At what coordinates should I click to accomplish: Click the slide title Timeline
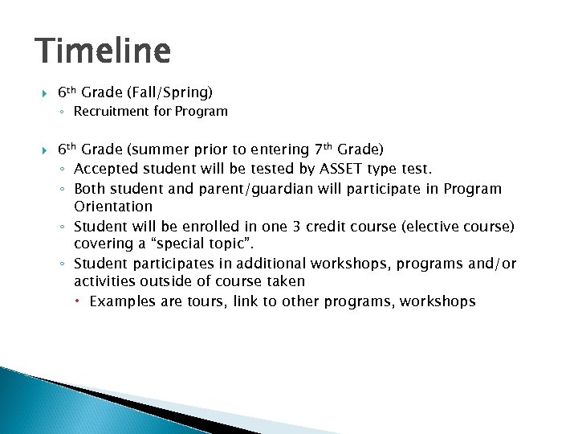point(104,51)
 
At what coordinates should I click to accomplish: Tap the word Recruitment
point(111,112)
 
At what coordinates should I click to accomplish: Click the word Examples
point(121,301)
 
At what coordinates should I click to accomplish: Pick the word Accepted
point(105,169)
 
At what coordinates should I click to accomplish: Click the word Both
point(90,188)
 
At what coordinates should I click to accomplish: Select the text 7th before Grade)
point(321,149)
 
